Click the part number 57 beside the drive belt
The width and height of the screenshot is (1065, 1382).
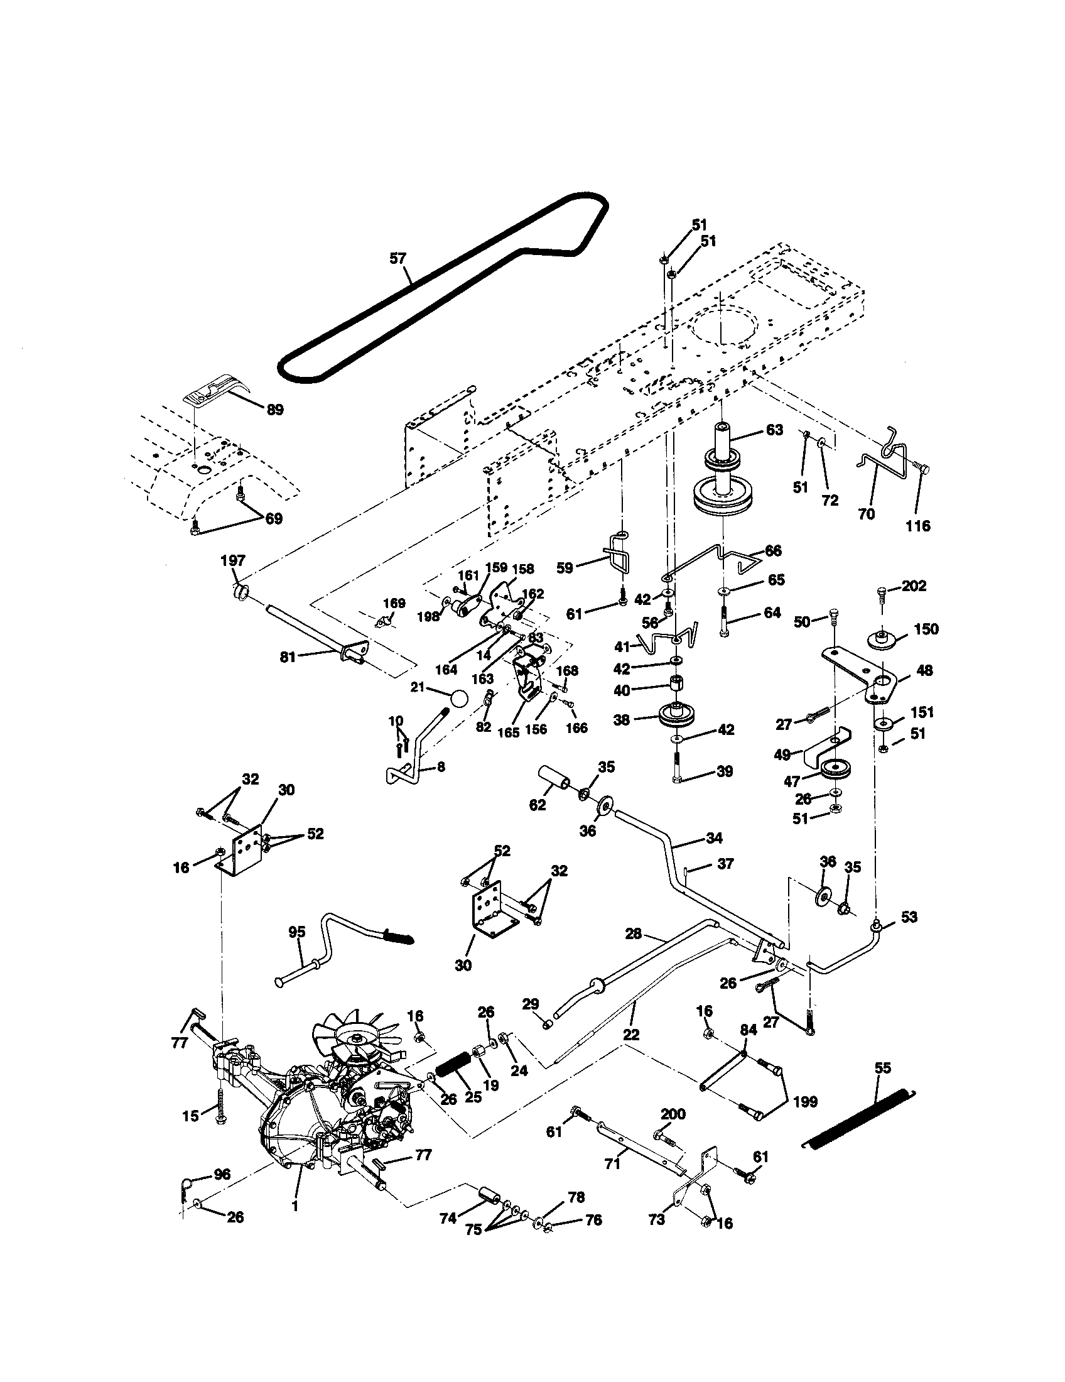[398, 258]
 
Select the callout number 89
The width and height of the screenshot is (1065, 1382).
[275, 410]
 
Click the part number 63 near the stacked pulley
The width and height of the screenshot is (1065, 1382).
[774, 430]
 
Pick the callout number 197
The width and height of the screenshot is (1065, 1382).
[233, 560]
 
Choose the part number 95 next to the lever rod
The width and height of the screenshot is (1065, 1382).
[296, 932]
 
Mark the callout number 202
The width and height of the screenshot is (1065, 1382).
[914, 586]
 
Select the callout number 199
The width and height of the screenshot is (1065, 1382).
[804, 1102]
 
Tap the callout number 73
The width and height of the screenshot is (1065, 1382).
[657, 1237]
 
